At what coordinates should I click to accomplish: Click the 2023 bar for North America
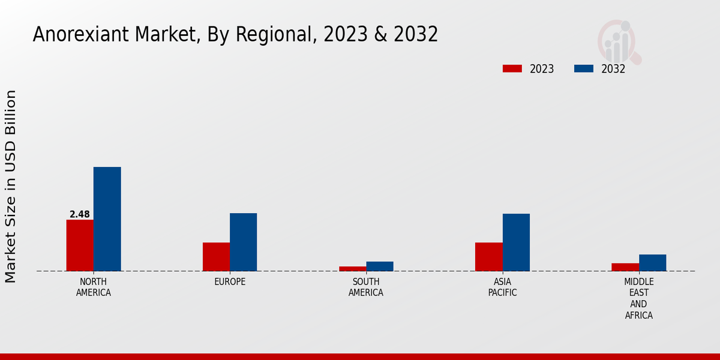[x=80, y=245]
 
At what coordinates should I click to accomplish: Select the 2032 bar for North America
[x=107, y=218]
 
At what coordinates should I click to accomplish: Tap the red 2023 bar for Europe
[x=216, y=256]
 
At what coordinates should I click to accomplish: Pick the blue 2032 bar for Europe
[x=243, y=242]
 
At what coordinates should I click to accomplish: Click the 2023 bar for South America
[x=353, y=268]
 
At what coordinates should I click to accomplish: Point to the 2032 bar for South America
[x=380, y=266]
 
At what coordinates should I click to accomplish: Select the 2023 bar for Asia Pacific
[x=488, y=256]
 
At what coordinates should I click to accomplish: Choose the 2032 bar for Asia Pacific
[x=516, y=242]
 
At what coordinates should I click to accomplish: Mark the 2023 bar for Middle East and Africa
[x=625, y=266]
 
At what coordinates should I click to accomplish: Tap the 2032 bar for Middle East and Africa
[x=652, y=262]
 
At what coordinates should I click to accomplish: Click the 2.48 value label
[x=80, y=214]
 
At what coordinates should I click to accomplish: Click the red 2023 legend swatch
[x=512, y=68]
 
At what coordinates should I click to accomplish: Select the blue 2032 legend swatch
[x=583, y=68]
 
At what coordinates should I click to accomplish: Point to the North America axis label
[x=93, y=287]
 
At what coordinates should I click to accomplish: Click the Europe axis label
[x=230, y=281]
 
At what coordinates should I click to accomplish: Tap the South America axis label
[x=366, y=287]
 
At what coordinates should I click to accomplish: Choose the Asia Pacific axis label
[x=502, y=287]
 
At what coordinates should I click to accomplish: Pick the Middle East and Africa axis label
[x=638, y=298]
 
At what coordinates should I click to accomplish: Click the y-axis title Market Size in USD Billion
[x=11, y=186]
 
